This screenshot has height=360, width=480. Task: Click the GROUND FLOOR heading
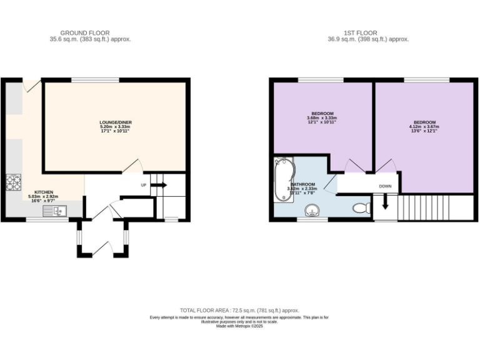84,32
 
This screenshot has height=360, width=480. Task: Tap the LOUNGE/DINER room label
116,122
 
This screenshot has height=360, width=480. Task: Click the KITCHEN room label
44,192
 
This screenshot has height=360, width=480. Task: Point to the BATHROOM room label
302,184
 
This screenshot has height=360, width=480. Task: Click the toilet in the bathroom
361,207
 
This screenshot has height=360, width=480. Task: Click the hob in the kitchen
14,182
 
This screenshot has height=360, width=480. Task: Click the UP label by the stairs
143,185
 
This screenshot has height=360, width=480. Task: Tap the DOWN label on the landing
385,186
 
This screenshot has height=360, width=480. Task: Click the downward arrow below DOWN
385,202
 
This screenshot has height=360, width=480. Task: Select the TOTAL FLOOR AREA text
240,311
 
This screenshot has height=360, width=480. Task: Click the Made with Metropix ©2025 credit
240,326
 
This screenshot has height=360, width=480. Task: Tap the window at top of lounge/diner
95,80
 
